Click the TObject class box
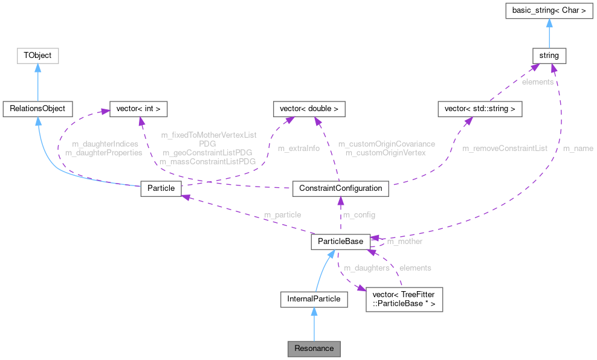[37, 56]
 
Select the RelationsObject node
[37, 109]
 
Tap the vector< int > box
[137, 109]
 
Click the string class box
[549, 56]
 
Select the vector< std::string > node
[480, 109]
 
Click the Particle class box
[161, 188]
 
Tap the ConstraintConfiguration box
[340, 188]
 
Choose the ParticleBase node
[340, 242]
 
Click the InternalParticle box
[314, 298]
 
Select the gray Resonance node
[314, 349]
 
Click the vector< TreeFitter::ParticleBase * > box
[404, 298]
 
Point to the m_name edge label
[578, 148]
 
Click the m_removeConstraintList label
[505, 148]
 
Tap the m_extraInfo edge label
[298, 148]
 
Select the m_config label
[359, 215]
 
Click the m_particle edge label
[282, 215]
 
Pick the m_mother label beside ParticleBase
[404, 242]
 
